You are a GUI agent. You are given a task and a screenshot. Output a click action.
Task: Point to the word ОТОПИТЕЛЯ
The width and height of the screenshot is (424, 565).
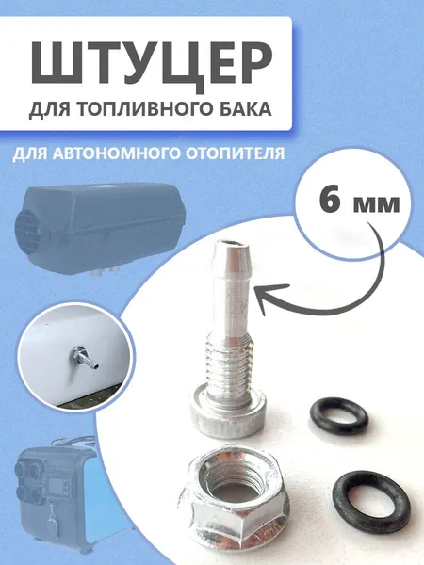[232, 153]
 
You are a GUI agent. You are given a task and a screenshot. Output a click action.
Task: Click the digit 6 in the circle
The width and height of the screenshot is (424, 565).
[331, 202]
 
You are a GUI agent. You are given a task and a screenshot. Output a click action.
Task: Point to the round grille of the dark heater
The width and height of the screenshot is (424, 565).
[26, 226]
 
